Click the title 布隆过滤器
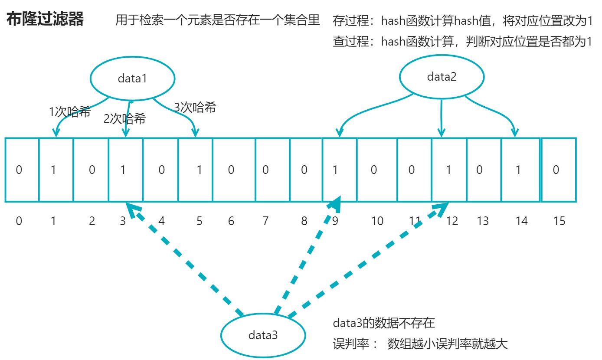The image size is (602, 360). pyautogui.click(x=45, y=20)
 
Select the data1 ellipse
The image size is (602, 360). pyautogui.click(x=132, y=79)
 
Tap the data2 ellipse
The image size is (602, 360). pyautogui.click(x=442, y=77)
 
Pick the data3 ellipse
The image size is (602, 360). pyautogui.click(x=263, y=335)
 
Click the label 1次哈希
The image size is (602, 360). pyautogui.click(x=70, y=112)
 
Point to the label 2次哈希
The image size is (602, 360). pyautogui.click(x=124, y=119)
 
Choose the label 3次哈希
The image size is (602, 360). pyautogui.click(x=195, y=107)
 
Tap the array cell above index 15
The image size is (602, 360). pyautogui.click(x=559, y=170)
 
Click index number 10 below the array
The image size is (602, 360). pyautogui.click(x=377, y=221)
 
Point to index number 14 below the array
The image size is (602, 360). pyautogui.click(x=521, y=221)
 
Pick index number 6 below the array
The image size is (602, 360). pyautogui.click(x=231, y=221)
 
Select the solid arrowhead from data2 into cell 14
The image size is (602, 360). pyautogui.click(x=515, y=133)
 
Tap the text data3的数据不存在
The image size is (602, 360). pyautogui.click(x=383, y=323)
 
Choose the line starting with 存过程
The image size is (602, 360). pyautogui.click(x=462, y=21)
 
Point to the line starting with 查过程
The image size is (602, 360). pyautogui.click(x=462, y=42)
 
